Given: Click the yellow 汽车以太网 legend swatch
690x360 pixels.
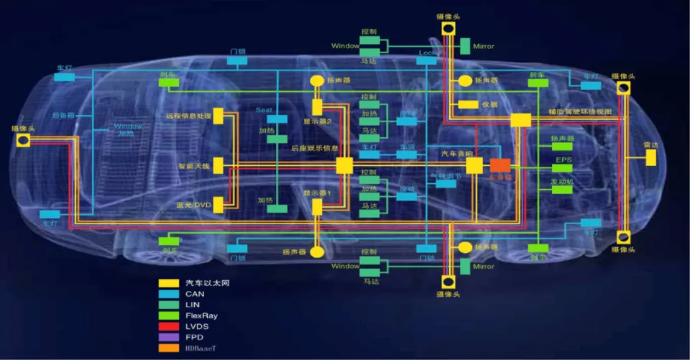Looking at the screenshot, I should point(169,283).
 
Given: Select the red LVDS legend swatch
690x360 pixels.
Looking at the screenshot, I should point(169,326).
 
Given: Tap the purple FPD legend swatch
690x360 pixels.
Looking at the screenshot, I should point(169,337).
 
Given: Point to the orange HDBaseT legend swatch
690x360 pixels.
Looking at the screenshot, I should point(169,349).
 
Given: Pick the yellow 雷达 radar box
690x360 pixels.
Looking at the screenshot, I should point(651,157).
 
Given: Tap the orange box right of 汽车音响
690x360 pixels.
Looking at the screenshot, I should point(500,165).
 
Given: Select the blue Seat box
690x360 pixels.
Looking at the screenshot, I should point(277,119).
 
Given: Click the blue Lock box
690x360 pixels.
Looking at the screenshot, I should point(426,61).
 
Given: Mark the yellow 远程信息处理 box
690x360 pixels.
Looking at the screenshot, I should point(218,116).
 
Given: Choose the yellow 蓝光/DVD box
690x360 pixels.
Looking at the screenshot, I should point(218,204).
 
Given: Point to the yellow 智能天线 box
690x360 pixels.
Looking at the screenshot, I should point(218,165).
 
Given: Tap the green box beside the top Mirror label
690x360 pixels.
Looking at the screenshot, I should point(464,46).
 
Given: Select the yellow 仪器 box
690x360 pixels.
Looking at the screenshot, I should point(469,105).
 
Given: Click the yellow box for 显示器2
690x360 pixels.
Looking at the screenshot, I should point(317,108).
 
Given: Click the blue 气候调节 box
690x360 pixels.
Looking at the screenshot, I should point(446,184).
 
